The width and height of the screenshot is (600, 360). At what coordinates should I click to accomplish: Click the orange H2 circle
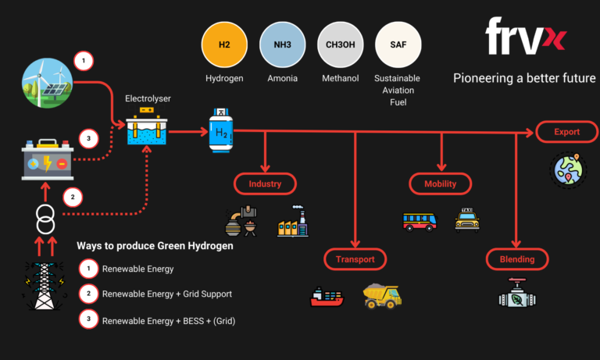[x=225, y=45]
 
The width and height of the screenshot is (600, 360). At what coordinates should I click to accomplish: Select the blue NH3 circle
[x=283, y=45]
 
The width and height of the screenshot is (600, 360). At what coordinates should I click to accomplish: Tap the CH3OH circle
[x=341, y=45]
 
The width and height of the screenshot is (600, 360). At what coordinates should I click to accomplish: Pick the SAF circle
[x=398, y=45]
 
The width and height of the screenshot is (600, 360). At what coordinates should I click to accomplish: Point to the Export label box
[x=567, y=132]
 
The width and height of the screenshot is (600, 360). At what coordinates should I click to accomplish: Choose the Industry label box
[x=266, y=184]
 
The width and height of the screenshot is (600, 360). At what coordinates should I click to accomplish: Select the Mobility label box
[x=442, y=184]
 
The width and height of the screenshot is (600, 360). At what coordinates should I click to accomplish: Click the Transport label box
[x=355, y=259]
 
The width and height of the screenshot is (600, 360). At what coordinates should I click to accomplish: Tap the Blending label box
[x=516, y=259]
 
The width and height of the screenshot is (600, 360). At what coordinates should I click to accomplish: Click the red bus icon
[x=420, y=221]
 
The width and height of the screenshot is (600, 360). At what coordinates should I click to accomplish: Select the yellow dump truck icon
[x=382, y=295]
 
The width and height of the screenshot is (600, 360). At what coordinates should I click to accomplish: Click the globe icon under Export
[x=567, y=170]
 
